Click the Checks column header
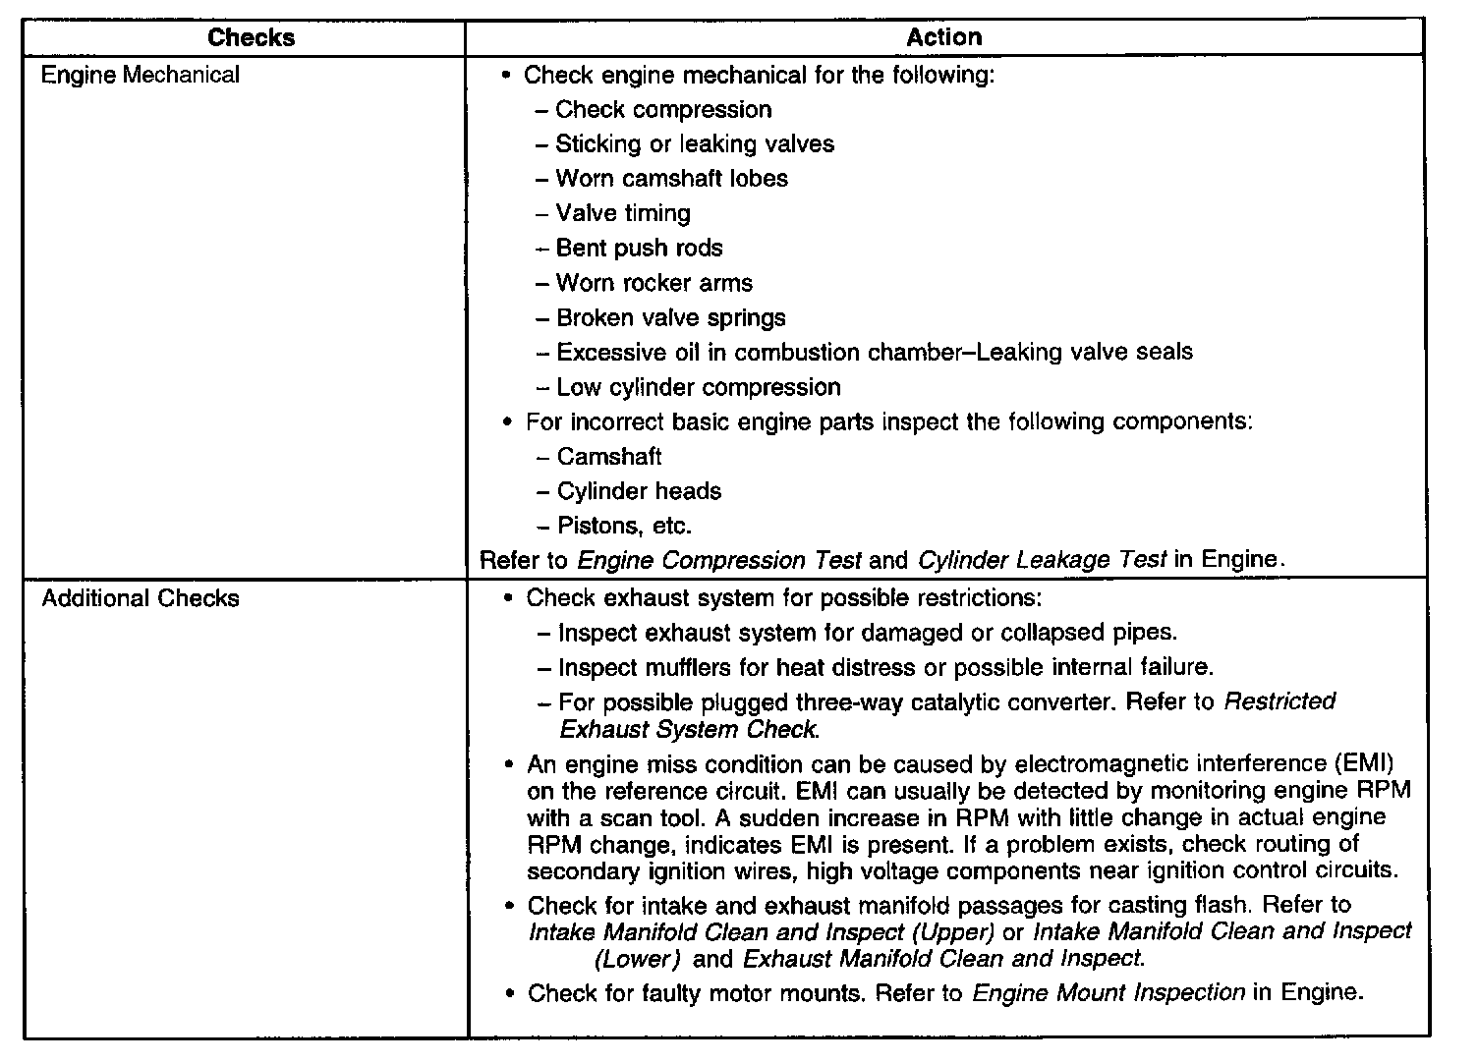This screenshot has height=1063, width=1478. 251,38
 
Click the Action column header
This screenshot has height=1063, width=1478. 943,38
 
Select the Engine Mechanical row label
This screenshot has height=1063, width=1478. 141,76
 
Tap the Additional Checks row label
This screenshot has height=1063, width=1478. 141,599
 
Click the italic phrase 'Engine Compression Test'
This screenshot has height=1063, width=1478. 718,561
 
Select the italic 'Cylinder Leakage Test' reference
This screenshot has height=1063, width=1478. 1042,561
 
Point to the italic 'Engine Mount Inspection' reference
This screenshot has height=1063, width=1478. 1108,993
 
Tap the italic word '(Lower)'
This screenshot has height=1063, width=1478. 637,959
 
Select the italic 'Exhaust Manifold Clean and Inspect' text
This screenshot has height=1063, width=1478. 943,959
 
